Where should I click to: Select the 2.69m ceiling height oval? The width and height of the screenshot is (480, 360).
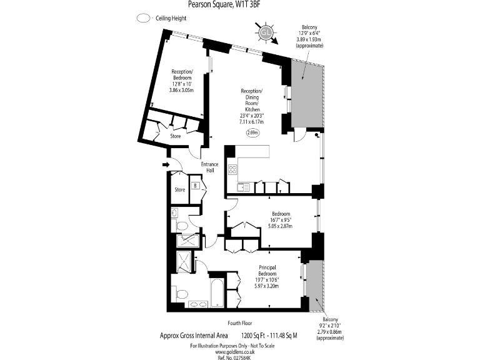point(252,132)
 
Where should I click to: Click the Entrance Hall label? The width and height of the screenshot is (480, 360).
point(209,167)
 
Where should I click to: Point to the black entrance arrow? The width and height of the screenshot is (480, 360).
point(165,165)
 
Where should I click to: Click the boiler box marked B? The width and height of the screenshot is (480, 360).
point(196,186)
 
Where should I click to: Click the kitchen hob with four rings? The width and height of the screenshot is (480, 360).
point(232,169)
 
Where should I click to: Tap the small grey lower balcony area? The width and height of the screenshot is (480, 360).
point(314,279)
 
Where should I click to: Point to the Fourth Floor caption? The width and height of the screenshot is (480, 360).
point(240,323)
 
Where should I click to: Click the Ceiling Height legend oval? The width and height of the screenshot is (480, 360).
point(143,18)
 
